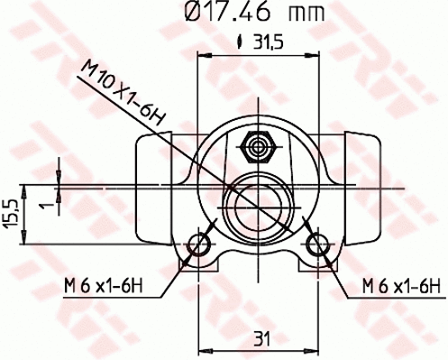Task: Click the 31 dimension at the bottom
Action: [261, 340]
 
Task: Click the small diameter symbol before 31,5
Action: [240, 41]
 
